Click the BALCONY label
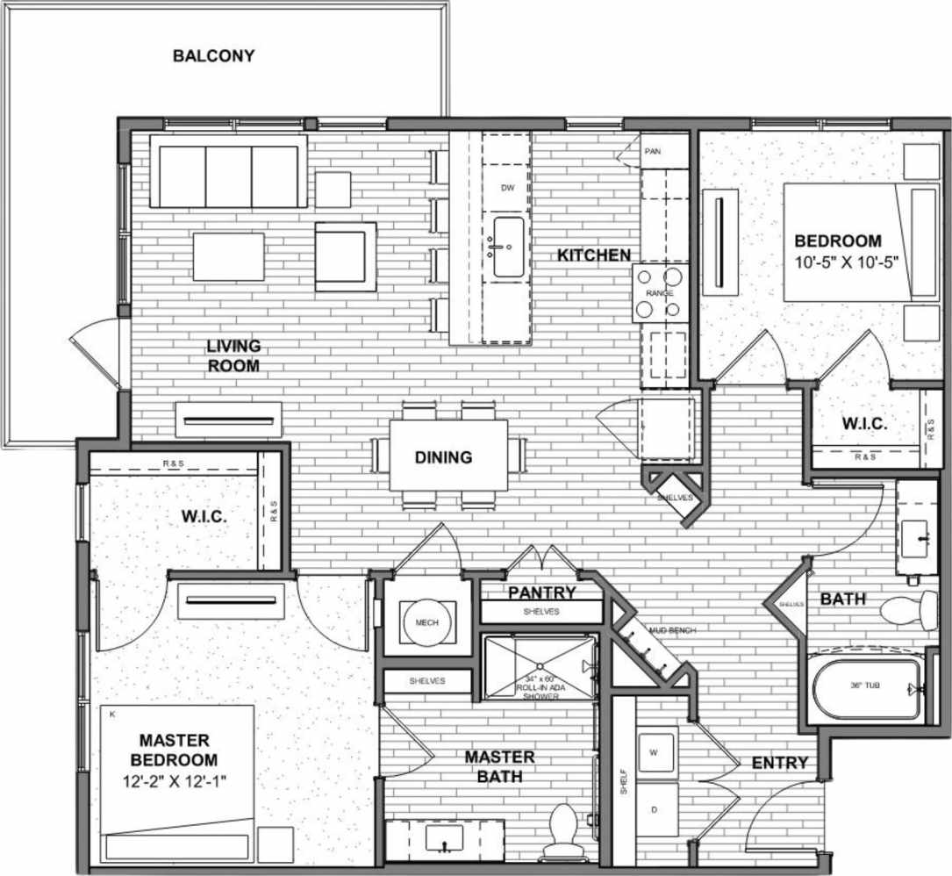[x=213, y=56]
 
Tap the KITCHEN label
[x=594, y=255]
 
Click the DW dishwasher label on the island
[x=506, y=188]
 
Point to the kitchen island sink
[x=507, y=248]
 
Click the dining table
[x=448, y=455]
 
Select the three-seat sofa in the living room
[x=228, y=171]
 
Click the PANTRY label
[x=541, y=592]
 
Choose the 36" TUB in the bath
[x=864, y=687]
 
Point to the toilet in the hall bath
[x=908, y=608]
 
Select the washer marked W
[x=655, y=753]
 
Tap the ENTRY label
[x=779, y=764]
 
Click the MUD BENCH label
[x=664, y=630]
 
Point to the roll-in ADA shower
[x=540, y=668]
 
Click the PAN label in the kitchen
[x=653, y=151]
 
